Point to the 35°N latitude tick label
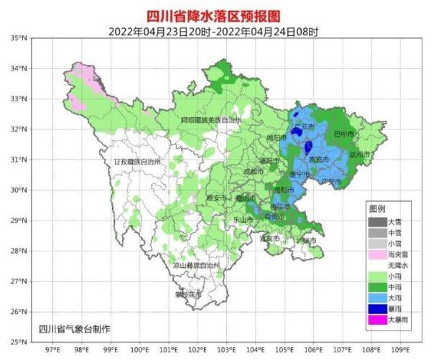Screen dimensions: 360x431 [19, 37]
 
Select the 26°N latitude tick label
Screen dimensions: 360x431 [19, 311]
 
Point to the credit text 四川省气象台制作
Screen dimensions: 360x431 [75, 329]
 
